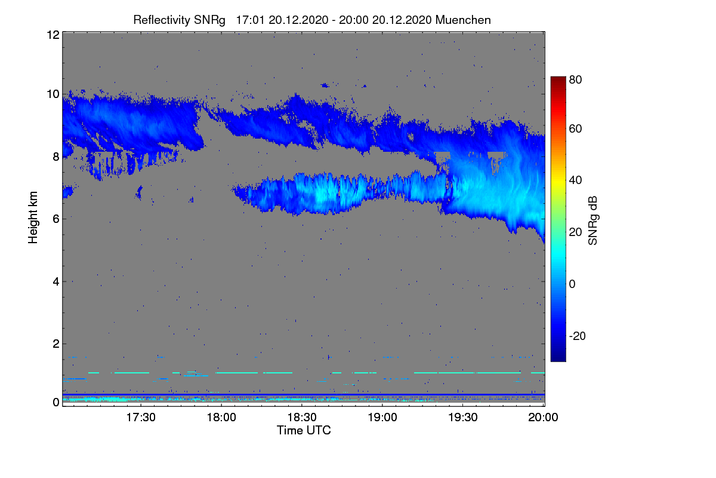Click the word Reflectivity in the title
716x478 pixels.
pos(162,20)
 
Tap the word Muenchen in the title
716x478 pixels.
pos(463,20)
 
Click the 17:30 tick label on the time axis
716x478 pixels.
pos(141,417)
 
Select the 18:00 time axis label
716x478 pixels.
pos(221,417)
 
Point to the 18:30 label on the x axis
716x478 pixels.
pos(302,417)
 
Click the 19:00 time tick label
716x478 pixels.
pos(382,417)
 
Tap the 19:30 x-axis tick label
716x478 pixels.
pos(463,417)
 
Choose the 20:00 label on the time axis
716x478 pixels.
pos(543,417)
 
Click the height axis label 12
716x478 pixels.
pos(53,35)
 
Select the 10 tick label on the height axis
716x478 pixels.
pos(53,94)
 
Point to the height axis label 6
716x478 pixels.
pos(56,219)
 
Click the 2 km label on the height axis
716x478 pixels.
pos(56,344)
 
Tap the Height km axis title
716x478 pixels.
pos(33,217)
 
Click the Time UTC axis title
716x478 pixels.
pos(304,430)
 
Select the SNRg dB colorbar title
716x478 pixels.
pos(592,220)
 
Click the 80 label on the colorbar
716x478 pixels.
pos(575,79)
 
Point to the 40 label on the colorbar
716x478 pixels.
pos(575,180)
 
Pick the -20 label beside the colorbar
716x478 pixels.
pos(578,336)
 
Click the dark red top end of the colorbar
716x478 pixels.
pos(558,78)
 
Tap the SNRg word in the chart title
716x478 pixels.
pos(209,20)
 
